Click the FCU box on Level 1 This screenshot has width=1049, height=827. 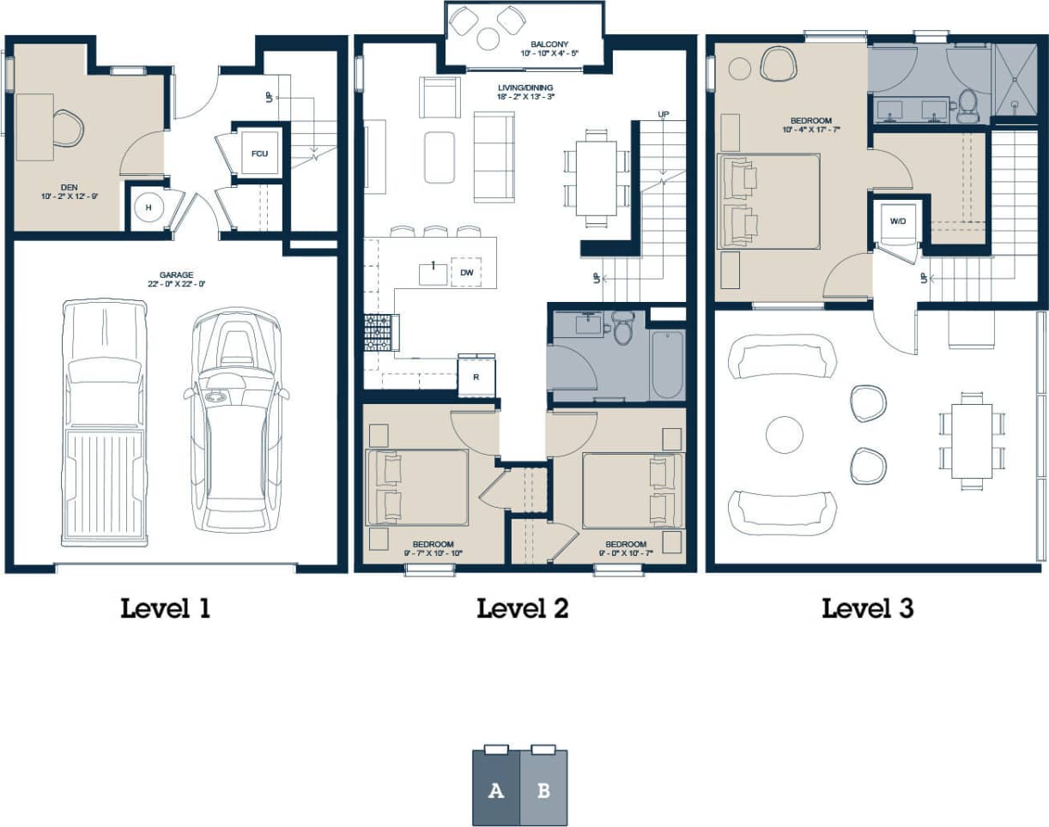tap(258, 154)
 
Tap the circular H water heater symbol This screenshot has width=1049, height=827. tap(148, 208)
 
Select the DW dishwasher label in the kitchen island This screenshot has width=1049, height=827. tap(467, 273)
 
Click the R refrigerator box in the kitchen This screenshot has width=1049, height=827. tap(476, 377)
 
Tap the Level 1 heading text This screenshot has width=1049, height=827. tap(165, 609)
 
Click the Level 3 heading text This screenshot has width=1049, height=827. tap(867, 609)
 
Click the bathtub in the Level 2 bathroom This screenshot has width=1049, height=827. tap(667, 365)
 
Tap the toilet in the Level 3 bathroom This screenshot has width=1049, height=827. tap(967, 105)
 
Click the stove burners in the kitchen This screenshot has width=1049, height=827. tap(377, 332)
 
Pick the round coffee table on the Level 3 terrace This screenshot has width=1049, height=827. tap(784, 435)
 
